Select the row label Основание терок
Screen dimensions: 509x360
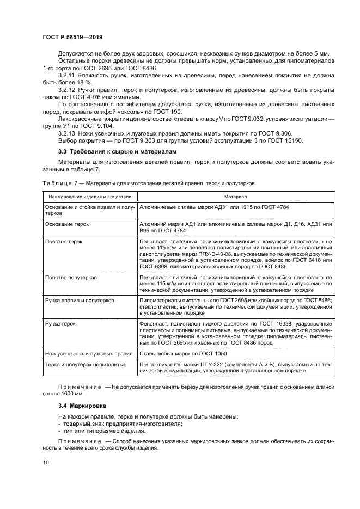tap(67, 224)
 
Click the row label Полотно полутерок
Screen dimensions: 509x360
tap(71, 277)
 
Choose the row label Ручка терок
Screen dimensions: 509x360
tap(60, 323)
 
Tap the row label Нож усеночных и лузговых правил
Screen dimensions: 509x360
tap(88, 354)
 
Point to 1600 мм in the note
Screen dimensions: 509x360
tap(74, 393)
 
